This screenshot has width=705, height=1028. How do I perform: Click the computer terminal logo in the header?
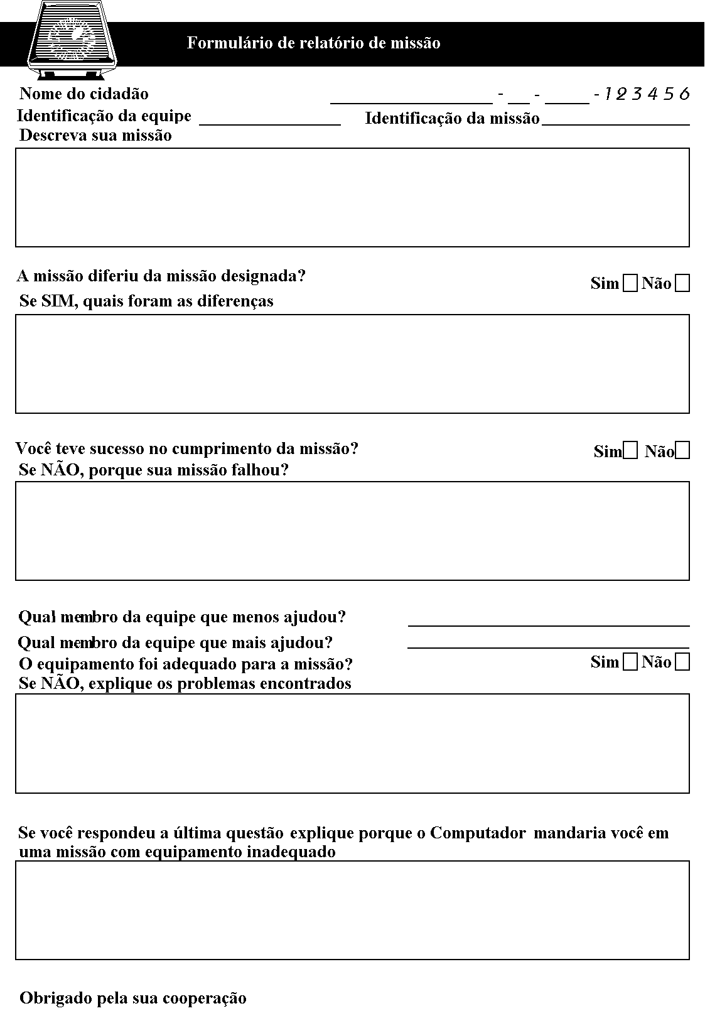point(73,39)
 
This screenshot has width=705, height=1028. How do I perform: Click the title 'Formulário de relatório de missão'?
point(313,43)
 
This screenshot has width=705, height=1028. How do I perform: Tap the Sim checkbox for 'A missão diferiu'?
point(630,284)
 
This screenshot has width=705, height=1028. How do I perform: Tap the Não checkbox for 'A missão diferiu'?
point(682,284)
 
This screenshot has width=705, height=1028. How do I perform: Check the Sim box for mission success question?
point(630,451)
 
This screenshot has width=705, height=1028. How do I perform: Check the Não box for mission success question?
point(683,451)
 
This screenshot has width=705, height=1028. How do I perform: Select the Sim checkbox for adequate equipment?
point(630,663)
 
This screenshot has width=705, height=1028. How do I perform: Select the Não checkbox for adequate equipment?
point(682,663)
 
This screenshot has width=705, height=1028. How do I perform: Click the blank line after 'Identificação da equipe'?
point(270,121)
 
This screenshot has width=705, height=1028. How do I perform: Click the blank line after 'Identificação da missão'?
point(615,121)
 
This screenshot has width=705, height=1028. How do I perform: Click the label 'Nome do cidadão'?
point(84,94)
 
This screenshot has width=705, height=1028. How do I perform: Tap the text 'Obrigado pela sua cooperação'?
point(133,998)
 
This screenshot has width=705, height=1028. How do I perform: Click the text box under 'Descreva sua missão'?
point(352,197)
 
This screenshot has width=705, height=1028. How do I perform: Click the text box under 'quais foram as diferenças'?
point(352,364)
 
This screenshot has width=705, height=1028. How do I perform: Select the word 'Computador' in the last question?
point(478,833)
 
